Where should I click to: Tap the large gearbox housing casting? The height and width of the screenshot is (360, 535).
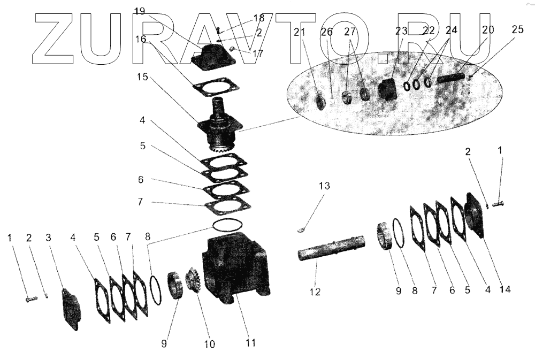235,267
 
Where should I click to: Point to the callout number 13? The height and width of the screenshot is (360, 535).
324,186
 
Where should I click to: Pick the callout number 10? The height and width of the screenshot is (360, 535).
209,344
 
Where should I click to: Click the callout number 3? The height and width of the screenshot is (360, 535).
48,236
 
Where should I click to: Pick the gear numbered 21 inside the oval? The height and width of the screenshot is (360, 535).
322,101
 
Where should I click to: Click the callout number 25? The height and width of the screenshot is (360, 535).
517,30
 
